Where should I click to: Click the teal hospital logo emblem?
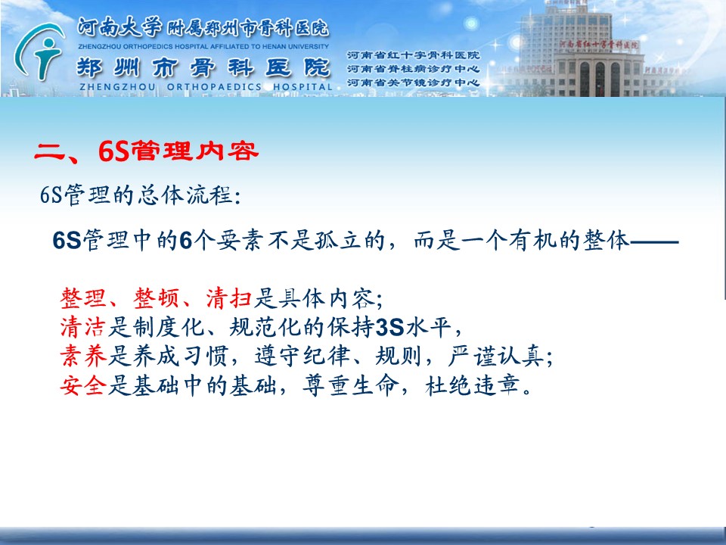pos(39,52)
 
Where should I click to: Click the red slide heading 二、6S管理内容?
pos(146,151)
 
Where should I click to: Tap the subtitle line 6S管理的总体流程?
pos(141,195)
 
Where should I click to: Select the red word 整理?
pos(83,298)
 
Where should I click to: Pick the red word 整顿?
pos(156,298)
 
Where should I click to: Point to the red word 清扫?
pos(228,298)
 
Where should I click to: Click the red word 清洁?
pos(83,328)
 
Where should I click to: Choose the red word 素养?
pos(83,357)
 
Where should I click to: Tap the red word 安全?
pos(83,385)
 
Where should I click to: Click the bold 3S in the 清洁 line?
pos(390,328)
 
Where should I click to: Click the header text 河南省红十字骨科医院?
pos(413,55)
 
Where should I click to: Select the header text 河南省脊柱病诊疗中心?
pos(413,69)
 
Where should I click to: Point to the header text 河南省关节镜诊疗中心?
pos(413,83)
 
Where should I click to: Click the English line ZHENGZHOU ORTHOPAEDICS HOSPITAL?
pos(206,87)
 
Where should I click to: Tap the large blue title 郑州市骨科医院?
pos(203,67)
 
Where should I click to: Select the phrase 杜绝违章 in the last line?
pos(472,385)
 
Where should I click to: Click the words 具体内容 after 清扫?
pos(326,298)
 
